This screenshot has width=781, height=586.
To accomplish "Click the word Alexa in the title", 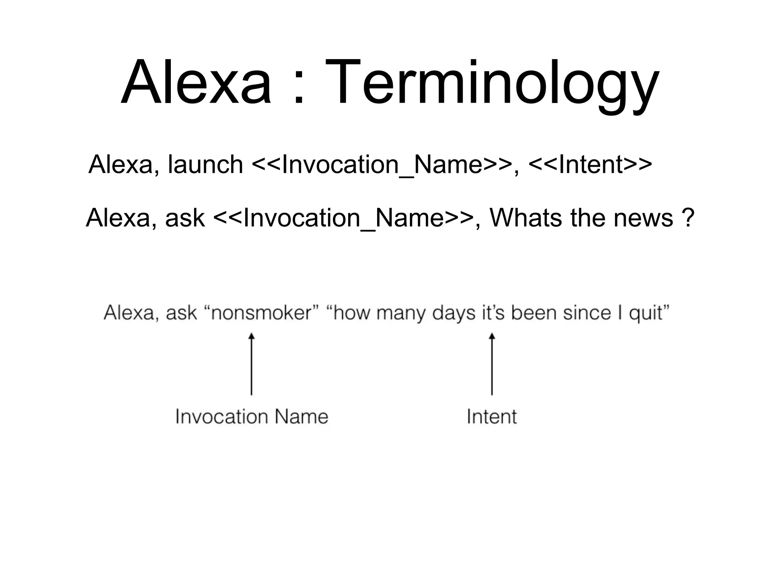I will click(x=196, y=82).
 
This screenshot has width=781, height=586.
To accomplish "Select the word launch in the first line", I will click(x=205, y=165).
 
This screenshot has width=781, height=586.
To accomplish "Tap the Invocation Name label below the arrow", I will click(x=252, y=417).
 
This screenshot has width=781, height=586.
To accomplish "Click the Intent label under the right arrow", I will click(x=492, y=417).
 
